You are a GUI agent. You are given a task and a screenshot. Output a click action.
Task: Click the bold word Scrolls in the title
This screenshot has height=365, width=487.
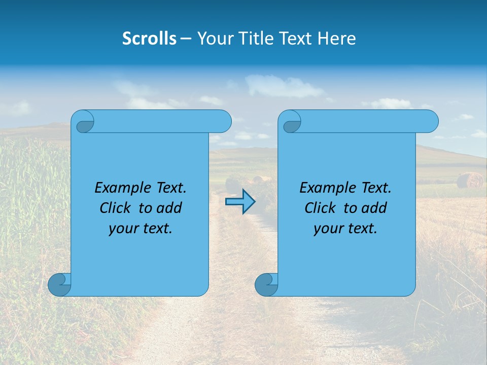(150, 39)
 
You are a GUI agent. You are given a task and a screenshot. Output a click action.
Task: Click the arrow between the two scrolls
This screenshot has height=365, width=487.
(240, 201)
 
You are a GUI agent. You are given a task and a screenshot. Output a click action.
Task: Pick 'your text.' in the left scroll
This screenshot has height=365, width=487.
(141, 228)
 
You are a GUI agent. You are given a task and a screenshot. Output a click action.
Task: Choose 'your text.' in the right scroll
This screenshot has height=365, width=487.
(345, 228)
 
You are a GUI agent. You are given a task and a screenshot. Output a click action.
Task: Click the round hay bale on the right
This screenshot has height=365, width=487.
(470, 180)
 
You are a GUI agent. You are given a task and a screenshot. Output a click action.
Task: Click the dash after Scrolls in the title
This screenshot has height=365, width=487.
(186, 39)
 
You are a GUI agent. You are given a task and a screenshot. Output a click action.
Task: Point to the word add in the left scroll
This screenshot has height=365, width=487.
(169, 208)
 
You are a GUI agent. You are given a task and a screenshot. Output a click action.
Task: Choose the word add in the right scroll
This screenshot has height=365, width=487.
(374, 208)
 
